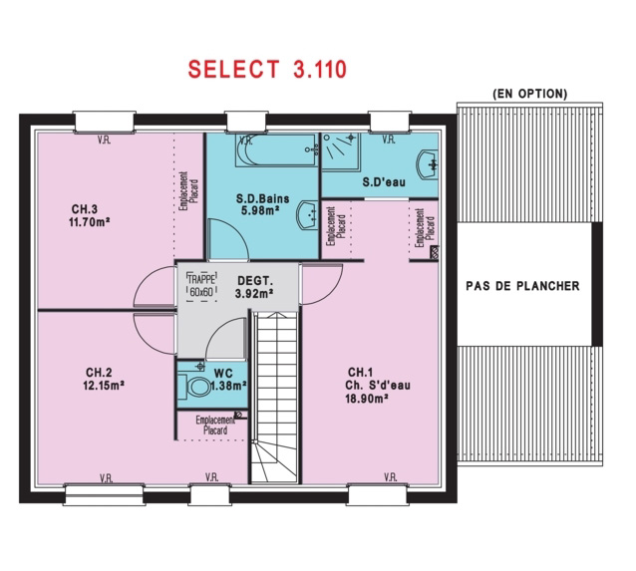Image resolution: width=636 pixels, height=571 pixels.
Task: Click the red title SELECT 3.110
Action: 267,69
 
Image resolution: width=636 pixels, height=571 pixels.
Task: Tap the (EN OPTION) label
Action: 529,94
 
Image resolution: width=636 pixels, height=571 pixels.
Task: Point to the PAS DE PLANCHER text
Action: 522,286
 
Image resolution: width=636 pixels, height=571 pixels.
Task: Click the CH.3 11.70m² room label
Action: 90,216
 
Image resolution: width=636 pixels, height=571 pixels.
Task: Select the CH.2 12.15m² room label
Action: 104,379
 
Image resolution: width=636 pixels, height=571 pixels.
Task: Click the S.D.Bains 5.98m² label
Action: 263,204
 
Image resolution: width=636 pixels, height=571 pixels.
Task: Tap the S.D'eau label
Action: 384,182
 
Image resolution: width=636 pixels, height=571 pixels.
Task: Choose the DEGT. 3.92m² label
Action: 255,287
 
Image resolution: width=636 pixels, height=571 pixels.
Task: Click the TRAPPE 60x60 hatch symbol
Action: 201,286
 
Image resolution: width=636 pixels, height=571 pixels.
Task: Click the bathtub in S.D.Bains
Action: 276,150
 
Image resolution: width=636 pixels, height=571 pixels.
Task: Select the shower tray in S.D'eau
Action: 341,152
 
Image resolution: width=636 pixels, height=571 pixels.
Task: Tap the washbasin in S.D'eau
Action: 427,164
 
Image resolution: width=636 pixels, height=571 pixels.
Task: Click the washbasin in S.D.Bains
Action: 307,215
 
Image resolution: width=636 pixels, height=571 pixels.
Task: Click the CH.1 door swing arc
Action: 331,290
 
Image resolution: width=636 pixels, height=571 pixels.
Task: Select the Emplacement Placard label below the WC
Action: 215,425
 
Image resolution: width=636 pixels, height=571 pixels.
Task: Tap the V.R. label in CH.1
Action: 390,477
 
